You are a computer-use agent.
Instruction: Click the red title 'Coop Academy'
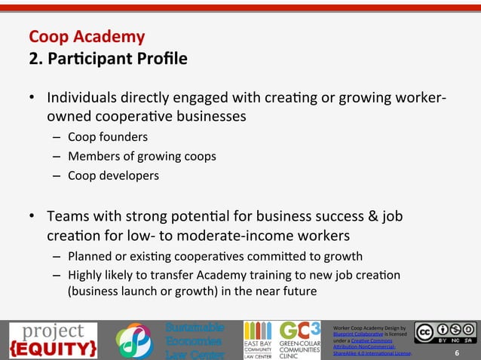tap(87, 36)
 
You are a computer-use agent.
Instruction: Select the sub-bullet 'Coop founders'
tap(108, 137)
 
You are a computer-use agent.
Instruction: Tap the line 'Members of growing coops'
tap(131, 157)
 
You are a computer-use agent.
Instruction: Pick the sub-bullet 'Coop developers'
tap(113, 176)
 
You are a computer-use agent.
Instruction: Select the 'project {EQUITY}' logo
tap(53, 340)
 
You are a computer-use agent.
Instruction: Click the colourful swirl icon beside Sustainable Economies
tap(135, 341)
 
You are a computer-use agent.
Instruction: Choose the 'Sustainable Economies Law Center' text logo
tap(194, 341)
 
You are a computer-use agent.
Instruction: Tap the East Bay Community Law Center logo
tap(257, 340)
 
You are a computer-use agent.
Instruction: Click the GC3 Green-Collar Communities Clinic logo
tap(300, 340)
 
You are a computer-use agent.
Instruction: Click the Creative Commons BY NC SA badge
tap(444, 334)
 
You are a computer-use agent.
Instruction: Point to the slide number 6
tap(457, 352)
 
